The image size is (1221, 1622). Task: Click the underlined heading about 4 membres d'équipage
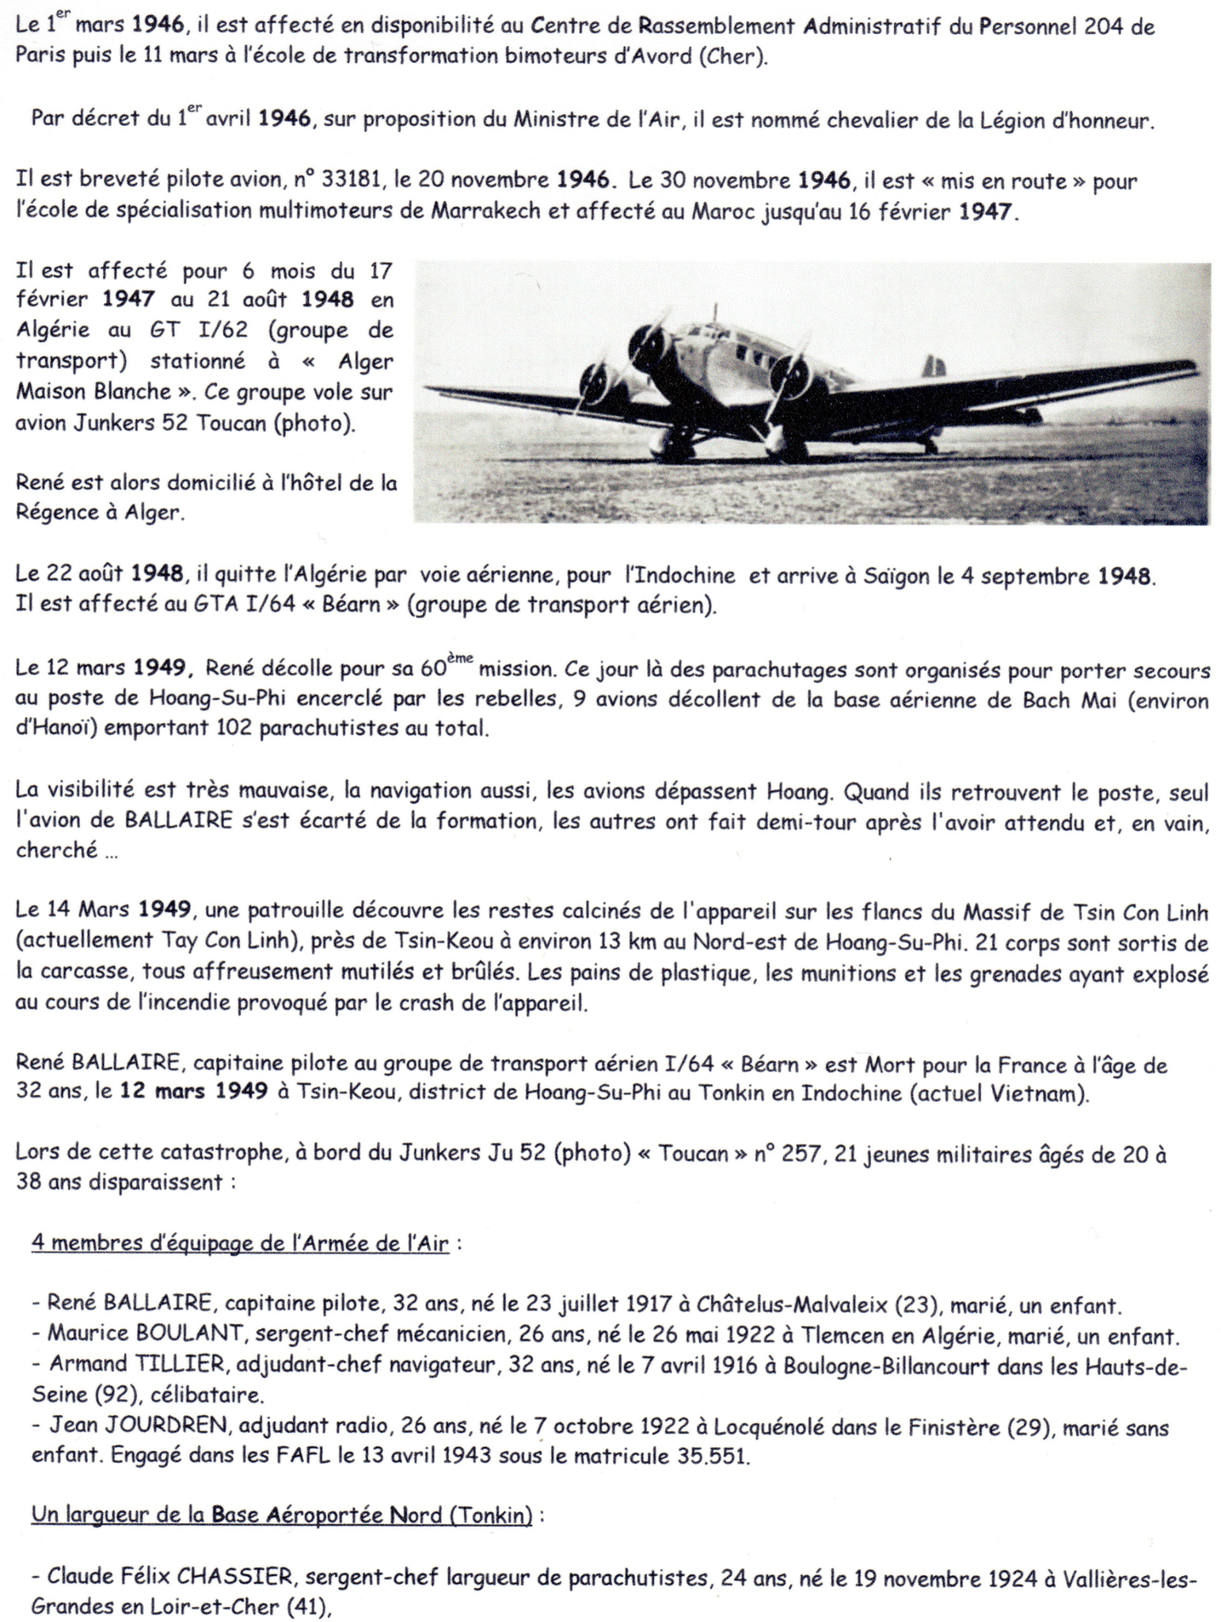[x=240, y=1243]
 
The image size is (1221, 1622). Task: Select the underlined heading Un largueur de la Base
[x=281, y=1516]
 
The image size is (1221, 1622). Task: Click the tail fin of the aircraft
[x=934, y=367]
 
